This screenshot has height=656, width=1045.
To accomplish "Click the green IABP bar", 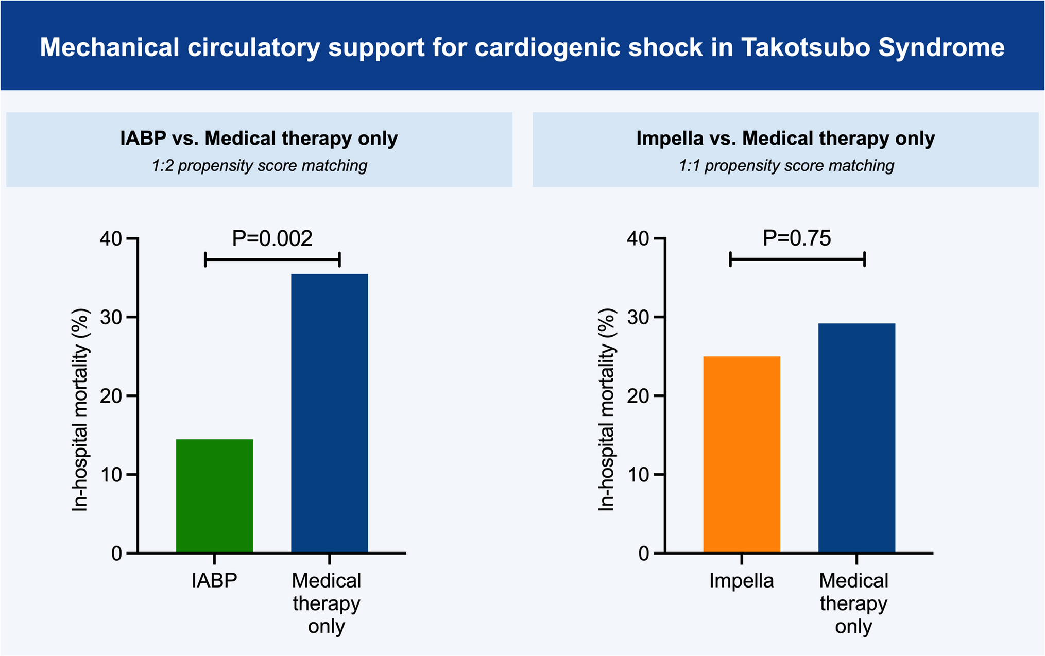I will tap(214, 495).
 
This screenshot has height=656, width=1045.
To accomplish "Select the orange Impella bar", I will tap(741, 454).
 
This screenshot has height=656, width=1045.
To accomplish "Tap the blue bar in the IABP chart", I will tap(329, 413).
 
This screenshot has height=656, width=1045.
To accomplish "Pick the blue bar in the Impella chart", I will tap(856, 438).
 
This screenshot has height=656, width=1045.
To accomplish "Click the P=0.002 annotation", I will tap(272, 238).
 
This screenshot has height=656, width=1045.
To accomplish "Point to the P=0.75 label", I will tap(797, 238).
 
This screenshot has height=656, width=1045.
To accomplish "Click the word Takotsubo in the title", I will tap(806, 47).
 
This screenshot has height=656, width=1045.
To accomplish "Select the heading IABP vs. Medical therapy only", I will tap(259, 139).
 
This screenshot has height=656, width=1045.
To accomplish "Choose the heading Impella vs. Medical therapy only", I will tap(785, 139).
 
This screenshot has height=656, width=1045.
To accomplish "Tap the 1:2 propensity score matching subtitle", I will tap(259, 166).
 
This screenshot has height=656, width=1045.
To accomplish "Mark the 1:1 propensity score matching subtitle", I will tap(786, 166).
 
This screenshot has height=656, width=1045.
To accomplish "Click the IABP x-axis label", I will tap(214, 580).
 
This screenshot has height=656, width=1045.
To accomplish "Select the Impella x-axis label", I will tap(741, 580).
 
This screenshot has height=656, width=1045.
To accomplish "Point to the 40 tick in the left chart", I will tap(111, 238).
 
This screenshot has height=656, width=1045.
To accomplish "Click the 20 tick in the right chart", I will tap(638, 396).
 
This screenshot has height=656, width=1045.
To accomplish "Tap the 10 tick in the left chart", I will tap(111, 475).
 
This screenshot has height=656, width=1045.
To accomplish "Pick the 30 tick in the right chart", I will tap(638, 317).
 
